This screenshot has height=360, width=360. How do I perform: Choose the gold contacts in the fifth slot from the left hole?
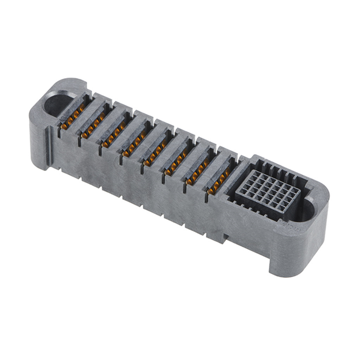[x=155, y=157]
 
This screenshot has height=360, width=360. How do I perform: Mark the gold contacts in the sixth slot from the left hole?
[x=175, y=166]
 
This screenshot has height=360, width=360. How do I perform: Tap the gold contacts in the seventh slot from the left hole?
[x=196, y=176]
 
